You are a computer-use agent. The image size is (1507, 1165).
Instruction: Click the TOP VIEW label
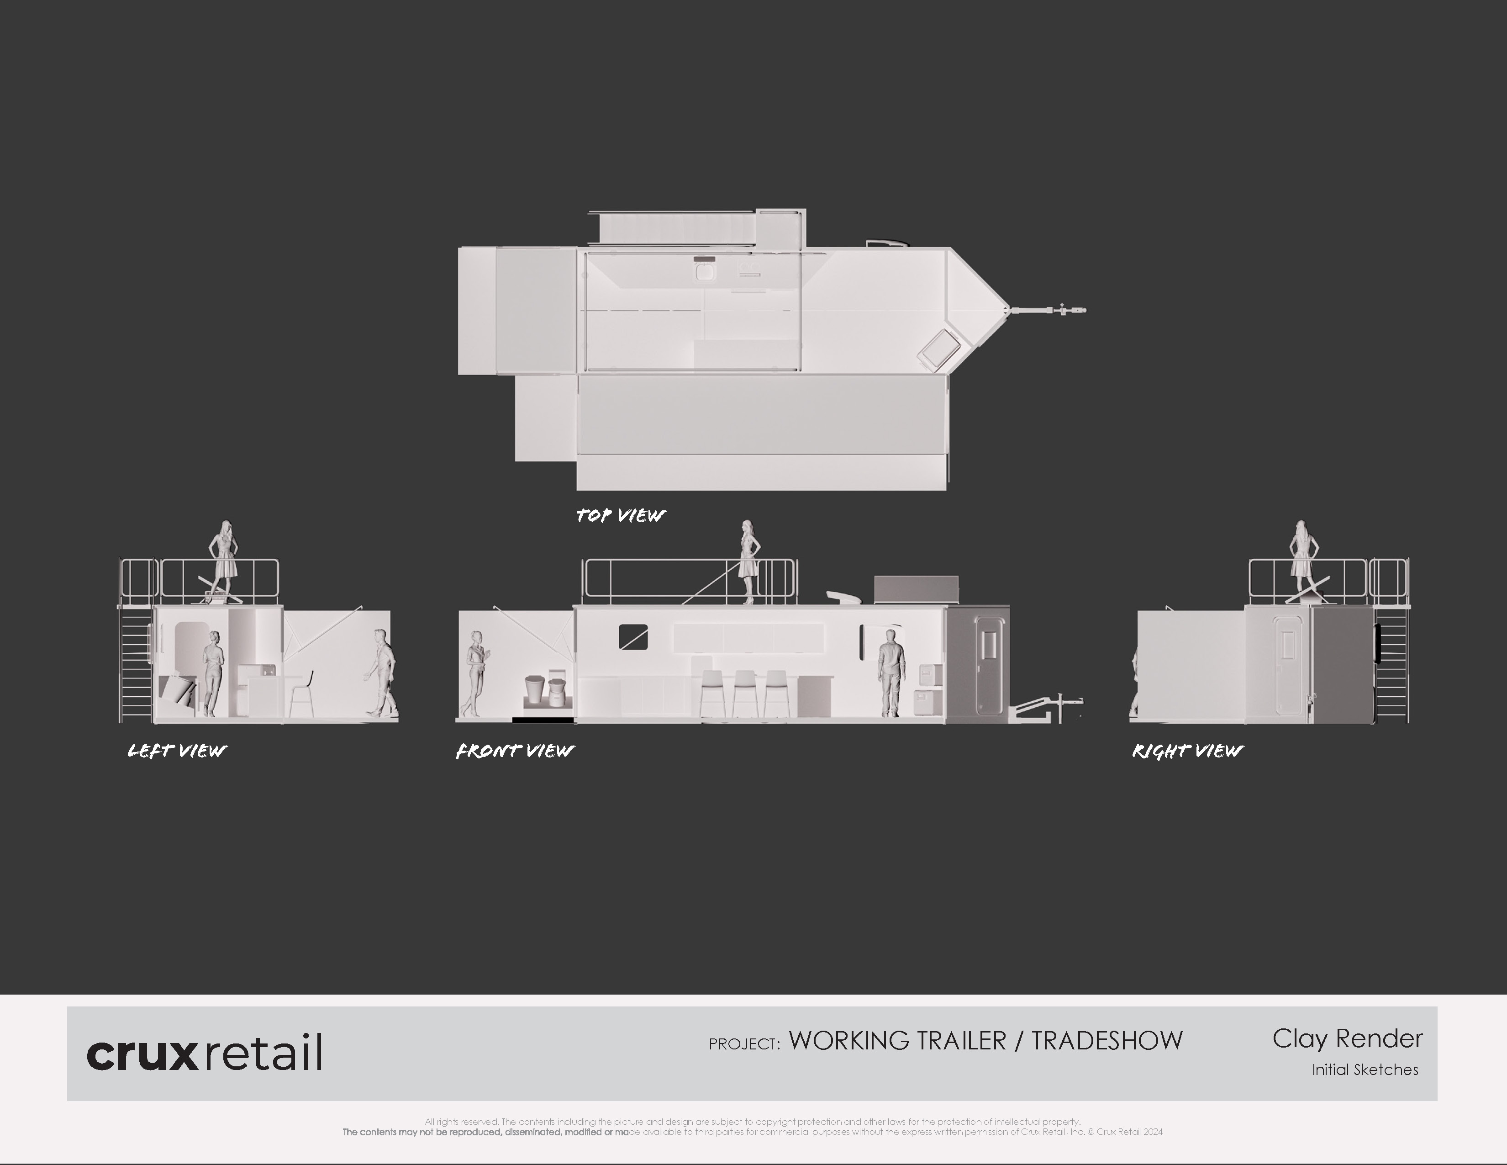(620, 515)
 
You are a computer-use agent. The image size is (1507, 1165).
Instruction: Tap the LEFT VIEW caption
(177, 751)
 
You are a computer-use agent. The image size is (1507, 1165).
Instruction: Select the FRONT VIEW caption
(515, 751)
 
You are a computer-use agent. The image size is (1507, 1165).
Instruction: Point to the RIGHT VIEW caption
(1187, 751)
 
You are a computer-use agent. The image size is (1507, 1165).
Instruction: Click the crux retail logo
(204, 1053)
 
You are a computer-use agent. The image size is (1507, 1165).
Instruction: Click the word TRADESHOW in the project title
(1107, 1041)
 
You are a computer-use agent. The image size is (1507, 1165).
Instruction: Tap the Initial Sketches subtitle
(1365, 1070)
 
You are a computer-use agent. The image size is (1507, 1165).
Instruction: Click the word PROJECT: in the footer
(744, 1043)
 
